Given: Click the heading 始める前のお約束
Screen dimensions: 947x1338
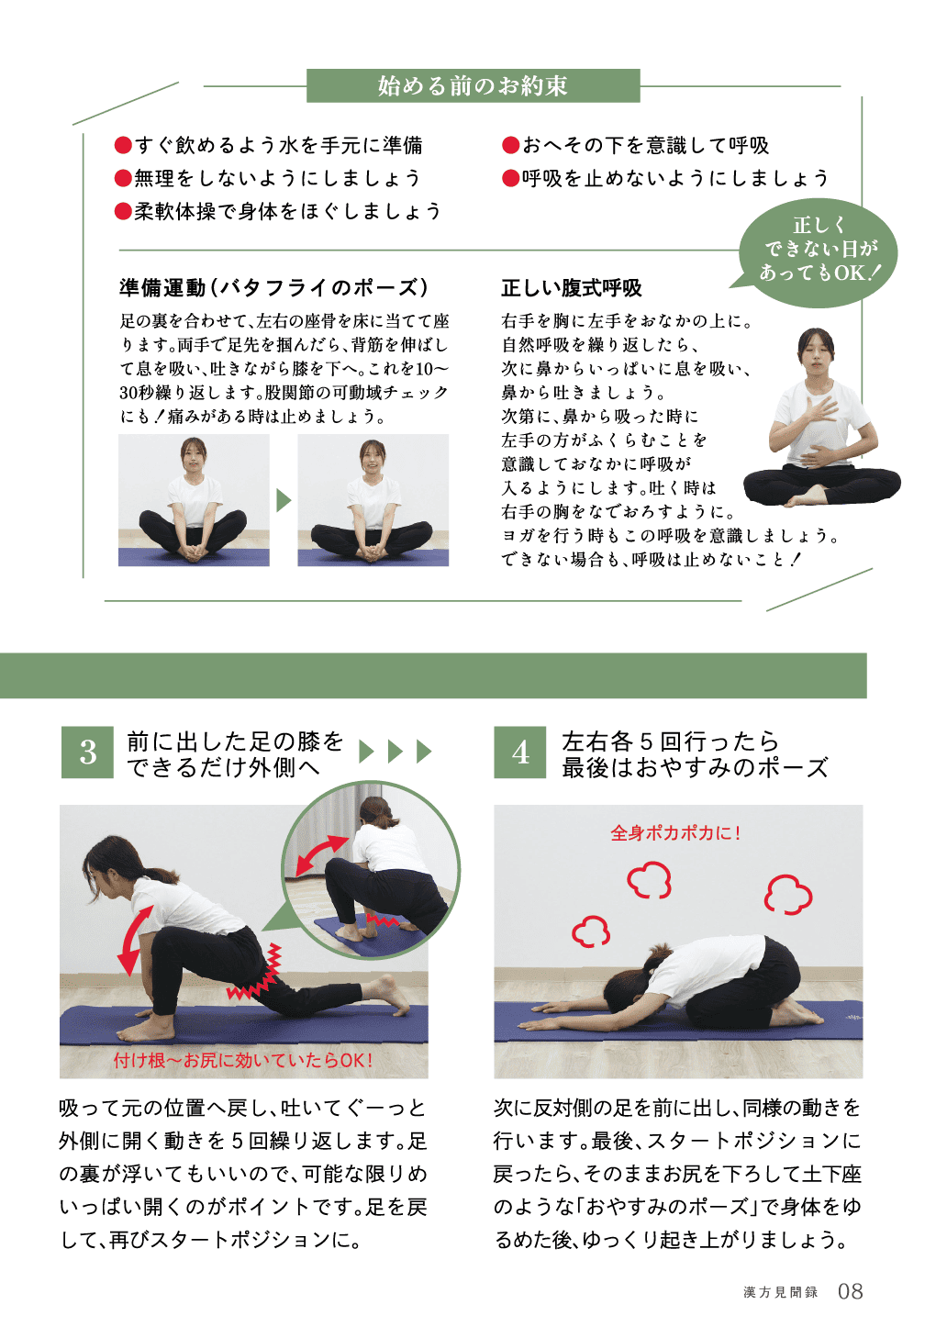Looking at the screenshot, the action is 473,86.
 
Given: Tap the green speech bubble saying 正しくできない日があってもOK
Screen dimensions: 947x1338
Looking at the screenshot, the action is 818,252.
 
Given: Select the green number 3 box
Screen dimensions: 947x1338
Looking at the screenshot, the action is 87,752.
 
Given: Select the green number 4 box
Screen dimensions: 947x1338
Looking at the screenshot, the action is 519,752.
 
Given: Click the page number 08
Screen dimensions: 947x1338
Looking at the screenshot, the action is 850,1291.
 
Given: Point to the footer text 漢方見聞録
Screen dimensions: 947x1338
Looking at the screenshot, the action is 780,1293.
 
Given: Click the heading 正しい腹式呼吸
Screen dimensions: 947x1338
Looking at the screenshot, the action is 572,288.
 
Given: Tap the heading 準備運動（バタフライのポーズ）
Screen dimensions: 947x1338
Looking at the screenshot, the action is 274,288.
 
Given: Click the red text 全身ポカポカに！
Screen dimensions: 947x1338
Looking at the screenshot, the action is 675,833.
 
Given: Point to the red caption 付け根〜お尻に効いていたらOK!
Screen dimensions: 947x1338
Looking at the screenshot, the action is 243,1060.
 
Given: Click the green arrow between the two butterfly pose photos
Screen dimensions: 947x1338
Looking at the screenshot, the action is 284,500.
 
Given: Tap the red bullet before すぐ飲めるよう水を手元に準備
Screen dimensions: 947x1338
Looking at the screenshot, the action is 123,145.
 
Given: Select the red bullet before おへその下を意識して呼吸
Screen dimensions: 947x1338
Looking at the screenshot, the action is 510,145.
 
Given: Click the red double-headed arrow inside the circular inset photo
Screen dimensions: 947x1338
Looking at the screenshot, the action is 322,855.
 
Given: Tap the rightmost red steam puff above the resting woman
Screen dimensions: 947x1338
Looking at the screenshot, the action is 787,895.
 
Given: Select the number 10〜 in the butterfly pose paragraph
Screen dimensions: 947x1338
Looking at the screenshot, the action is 431,369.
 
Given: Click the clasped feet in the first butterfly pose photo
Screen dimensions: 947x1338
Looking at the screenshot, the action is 193,552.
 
